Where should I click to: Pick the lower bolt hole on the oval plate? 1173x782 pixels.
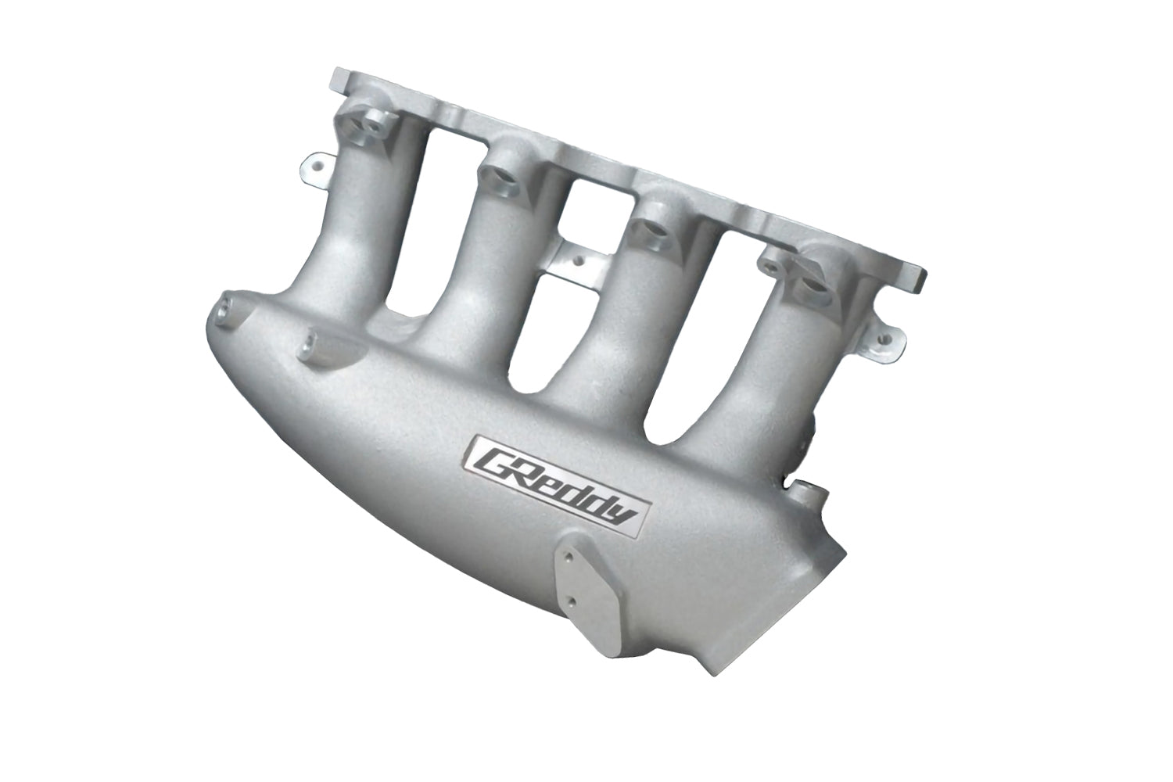(577, 601)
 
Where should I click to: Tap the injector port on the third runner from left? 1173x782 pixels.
(654, 227)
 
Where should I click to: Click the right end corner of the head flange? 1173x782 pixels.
(921, 278)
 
